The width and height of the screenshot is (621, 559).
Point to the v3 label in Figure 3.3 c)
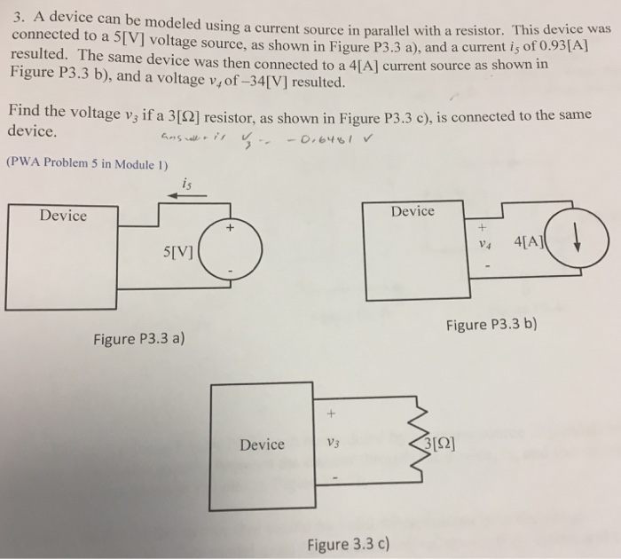coord(332,444)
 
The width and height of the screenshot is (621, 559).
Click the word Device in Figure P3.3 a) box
coord(63,216)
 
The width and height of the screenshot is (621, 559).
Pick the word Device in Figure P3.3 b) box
coord(413,210)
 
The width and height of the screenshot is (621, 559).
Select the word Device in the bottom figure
coord(262,444)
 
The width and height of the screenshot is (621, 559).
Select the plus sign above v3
coord(330,414)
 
